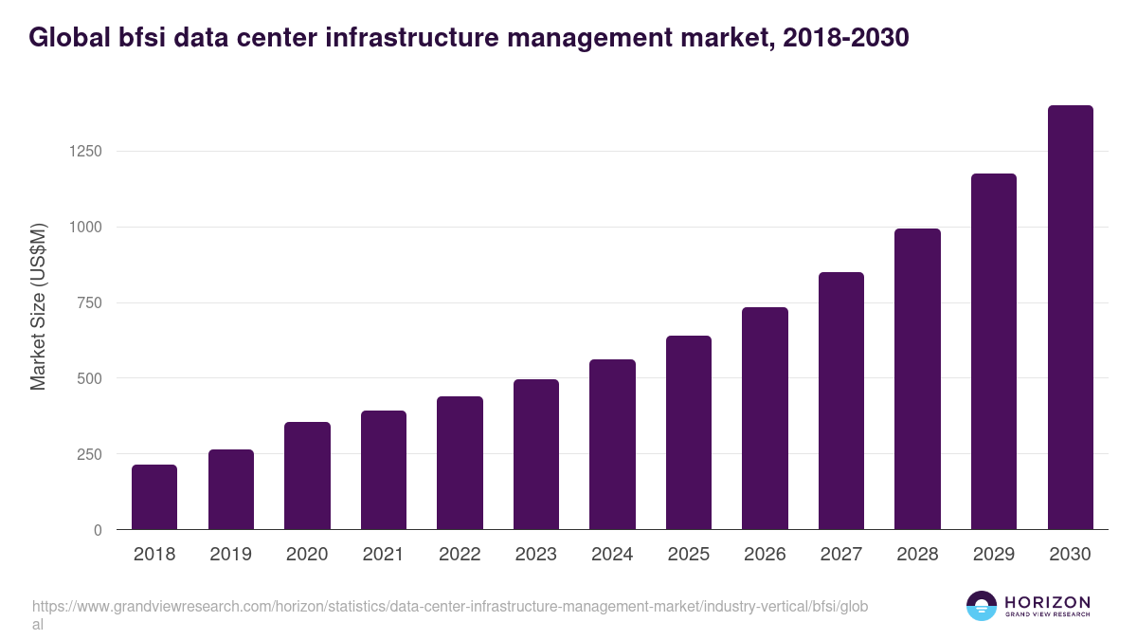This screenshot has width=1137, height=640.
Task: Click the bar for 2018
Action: (154, 497)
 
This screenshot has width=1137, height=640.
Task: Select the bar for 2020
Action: (307, 476)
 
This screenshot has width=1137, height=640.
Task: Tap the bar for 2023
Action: (536, 454)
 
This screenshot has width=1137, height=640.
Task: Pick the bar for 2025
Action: (689, 432)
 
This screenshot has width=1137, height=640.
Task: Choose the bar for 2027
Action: (841, 401)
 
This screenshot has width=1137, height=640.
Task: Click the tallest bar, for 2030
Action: (1070, 318)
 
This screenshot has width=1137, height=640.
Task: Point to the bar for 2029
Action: (994, 352)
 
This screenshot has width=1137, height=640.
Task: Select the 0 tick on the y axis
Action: (98, 530)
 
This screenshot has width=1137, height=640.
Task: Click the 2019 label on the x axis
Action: (231, 555)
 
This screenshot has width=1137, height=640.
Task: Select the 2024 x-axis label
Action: (612, 555)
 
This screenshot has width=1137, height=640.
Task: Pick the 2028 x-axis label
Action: (917, 555)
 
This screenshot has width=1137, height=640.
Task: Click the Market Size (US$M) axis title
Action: (39, 306)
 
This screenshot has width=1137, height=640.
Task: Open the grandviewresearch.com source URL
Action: (449, 614)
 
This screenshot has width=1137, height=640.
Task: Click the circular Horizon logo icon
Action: (982, 606)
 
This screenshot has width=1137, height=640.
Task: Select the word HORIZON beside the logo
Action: (1047, 602)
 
